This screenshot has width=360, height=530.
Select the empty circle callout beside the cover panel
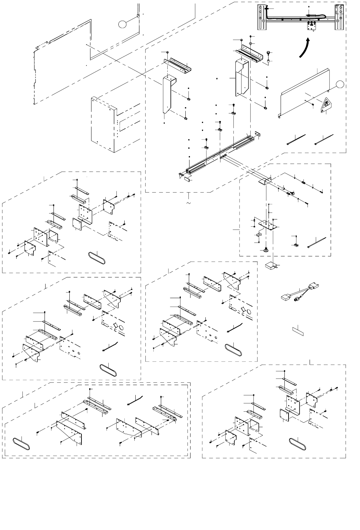pyautogui.click(x=340, y=84)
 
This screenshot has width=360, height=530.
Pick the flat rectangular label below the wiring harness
pyautogui.click(x=299, y=330)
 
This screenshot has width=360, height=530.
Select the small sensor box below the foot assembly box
pyautogui.click(x=271, y=266)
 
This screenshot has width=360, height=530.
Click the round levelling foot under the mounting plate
pyautogui.click(x=266, y=249)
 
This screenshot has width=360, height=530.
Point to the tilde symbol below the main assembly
pyautogui.click(x=188, y=203)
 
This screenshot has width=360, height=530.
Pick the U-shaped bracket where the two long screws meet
pyautogui.click(x=264, y=182)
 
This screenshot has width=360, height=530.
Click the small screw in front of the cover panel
pyautogui.click(x=312, y=104)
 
